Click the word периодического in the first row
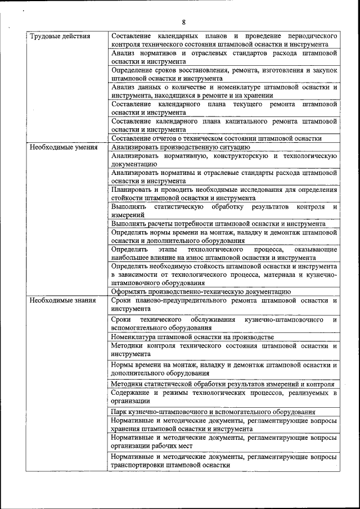(309, 36)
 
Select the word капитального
(246, 121)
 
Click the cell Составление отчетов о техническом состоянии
(216, 138)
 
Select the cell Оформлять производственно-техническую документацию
(201, 291)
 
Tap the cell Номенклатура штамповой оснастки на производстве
(192, 337)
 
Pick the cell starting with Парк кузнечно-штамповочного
(213, 412)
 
